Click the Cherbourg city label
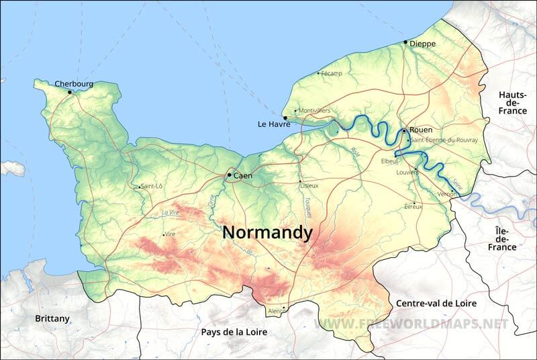click(x=74, y=85)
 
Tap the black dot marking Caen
click(x=229, y=175)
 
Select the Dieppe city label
click(x=422, y=44)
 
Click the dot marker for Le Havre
click(x=285, y=118)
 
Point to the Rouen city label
click(x=420, y=130)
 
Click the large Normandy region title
click(x=267, y=232)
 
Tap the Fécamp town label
click(x=332, y=73)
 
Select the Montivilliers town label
click(x=314, y=110)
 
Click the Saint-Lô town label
click(x=151, y=186)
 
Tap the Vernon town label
click(x=447, y=193)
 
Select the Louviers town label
click(x=407, y=172)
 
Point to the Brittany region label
click(x=52, y=318)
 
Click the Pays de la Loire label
click(x=234, y=332)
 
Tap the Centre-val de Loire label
click(x=436, y=303)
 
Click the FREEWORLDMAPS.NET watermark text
click(x=412, y=324)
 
